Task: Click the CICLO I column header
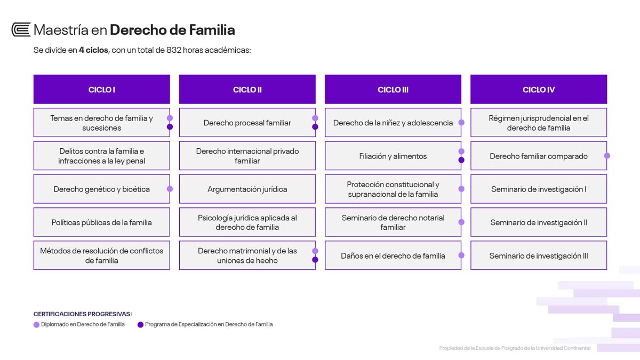(x=102, y=89)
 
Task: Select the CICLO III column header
(x=393, y=89)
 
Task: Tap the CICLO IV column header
(x=539, y=89)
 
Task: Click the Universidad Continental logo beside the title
(x=21, y=29)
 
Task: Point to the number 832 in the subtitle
(x=174, y=50)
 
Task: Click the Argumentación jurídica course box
(x=247, y=189)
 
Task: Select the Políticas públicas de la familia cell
(x=102, y=222)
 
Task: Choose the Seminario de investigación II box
(x=539, y=222)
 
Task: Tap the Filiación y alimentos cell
(x=393, y=156)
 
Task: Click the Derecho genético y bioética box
(x=102, y=189)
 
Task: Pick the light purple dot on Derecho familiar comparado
(x=607, y=156)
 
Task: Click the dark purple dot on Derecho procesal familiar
(x=315, y=127)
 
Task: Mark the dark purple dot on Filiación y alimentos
(x=461, y=160)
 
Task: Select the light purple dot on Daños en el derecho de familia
(x=461, y=255)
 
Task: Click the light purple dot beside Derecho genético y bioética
(x=170, y=189)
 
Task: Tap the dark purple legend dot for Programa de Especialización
(x=140, y=325)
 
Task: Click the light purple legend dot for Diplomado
(x=36, y=325)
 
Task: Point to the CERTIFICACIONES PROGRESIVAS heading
(x=83, y=314)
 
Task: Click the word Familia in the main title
(x=212, y=30)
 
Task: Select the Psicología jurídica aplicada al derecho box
(x=247, y=222)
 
